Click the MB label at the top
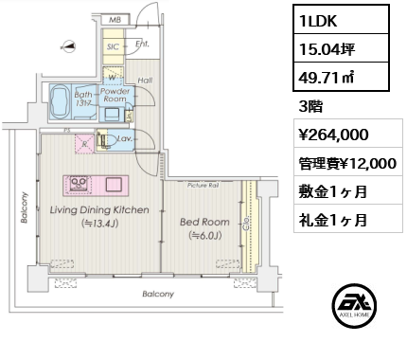pos(114,18)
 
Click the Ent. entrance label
pos(141,43)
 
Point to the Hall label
pos(145,81)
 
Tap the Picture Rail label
pos(203,186)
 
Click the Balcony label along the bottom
pos(158,295)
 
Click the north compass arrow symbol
pos(65,45)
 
